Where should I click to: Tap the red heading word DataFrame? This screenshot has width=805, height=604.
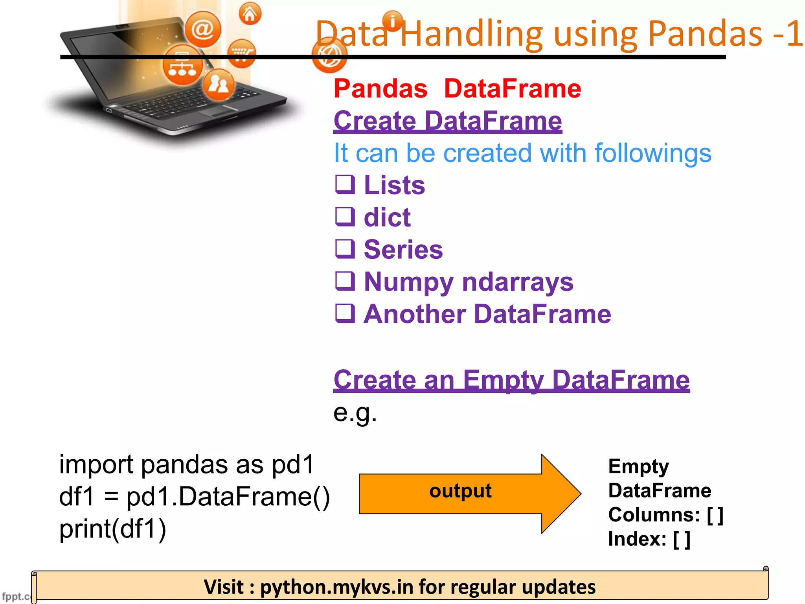click(512, 88)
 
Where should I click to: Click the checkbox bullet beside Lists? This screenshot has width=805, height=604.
click(345, 184)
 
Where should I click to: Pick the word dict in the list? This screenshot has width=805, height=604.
click(387, 217)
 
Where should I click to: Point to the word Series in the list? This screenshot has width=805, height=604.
click(403, 250)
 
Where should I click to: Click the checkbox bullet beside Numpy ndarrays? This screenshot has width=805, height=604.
click(345, 281)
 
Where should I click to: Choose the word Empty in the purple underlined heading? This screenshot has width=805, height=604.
click(504, 380)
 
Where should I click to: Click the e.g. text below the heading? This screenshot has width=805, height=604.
click(355, 413)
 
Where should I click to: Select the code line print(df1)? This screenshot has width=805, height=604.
click(113, 529)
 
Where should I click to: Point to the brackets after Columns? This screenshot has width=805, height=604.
click(715, 515)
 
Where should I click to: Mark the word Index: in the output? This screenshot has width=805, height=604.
click(637, 539)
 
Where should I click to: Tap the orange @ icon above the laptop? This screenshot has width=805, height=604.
click(203, 29)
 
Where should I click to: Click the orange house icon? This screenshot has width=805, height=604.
click(250, 14)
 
